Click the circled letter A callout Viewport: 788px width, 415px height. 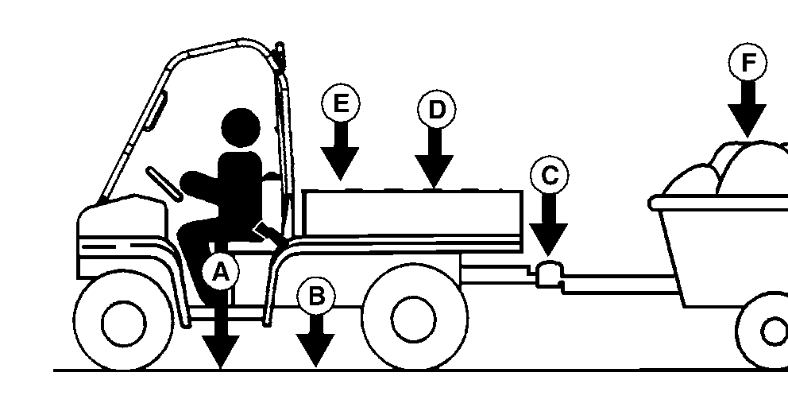coord(221,273)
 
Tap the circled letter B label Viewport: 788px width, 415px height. coord(316,296)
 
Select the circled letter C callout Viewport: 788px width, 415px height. coord(549,176)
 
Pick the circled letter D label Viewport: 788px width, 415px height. coord(436,109)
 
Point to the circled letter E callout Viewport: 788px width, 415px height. coord(341,103)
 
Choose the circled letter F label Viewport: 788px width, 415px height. coord(747,62)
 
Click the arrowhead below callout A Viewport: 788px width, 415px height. coord(221,352)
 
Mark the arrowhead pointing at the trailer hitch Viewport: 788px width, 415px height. coord(548,240)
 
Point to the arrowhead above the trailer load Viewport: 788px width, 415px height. coord(747,121)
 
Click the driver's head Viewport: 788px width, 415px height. coord(241,128)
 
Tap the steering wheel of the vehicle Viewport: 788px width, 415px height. coord(164,184)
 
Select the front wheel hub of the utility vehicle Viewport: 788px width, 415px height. coord(124,324)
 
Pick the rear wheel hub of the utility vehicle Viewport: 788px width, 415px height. coord(414,320)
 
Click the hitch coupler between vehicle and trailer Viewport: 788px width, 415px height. coord(550,274)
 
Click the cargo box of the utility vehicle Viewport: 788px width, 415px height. coord(412,213)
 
